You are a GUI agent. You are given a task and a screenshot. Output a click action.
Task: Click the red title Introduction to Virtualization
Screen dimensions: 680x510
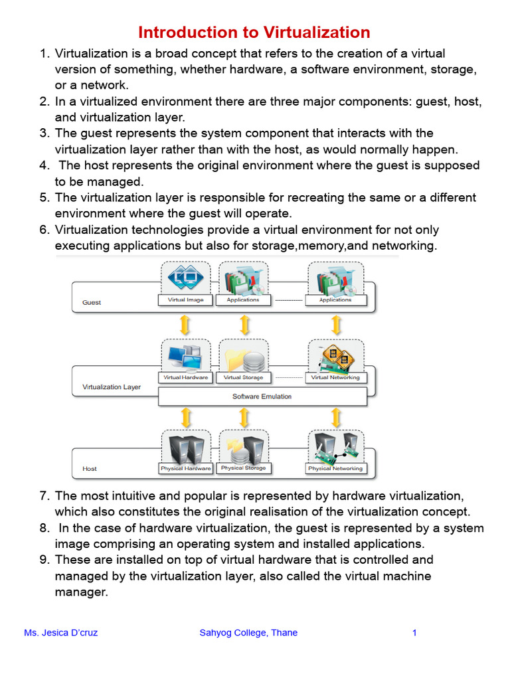pos(254,33)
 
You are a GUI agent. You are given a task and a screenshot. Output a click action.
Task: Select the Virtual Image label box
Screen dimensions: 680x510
pos(186,299)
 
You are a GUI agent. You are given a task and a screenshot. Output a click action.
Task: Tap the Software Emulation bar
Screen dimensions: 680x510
pos(262,396)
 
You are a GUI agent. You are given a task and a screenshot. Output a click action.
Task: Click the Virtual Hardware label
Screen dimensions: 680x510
pos(186,377)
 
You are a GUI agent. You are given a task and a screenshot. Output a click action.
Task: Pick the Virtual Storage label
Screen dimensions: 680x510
pos(243,377)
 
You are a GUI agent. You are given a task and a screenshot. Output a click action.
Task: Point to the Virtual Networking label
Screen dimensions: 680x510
pos(335,377)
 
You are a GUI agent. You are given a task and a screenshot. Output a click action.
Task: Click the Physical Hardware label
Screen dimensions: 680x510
pos(186,468)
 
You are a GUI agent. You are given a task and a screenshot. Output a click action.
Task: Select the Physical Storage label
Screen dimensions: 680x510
pos(243,468)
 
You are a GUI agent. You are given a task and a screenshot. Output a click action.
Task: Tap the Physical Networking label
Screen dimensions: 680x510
pos(335,468)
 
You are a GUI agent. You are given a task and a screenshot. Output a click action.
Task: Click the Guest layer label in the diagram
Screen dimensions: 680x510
pos(92,302)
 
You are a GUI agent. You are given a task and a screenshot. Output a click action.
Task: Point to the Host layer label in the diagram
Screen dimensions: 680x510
pos(90,469)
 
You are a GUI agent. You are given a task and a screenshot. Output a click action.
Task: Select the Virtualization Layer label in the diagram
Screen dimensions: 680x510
pos(112,386)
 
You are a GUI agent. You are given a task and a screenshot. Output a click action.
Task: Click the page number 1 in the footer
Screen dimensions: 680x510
pos(414,633)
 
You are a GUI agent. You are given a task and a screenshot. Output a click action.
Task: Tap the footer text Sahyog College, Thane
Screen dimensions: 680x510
pos(248,633)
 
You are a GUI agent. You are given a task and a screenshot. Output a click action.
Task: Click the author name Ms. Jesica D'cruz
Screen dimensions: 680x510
pos(60,633)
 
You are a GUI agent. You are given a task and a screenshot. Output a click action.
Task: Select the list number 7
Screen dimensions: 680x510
pos(44,496)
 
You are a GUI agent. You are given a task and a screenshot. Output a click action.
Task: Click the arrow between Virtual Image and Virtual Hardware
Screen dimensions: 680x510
pos(186,325)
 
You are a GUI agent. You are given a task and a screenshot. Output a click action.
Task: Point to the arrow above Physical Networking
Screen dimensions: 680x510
pos(336,417)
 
